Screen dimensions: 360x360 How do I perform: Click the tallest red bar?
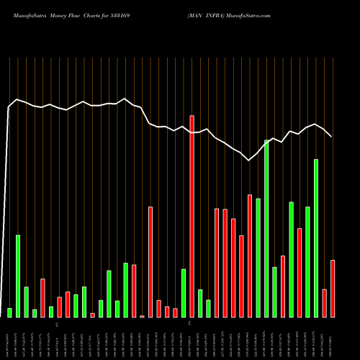[192, 216]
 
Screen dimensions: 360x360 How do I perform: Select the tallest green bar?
[266, 228]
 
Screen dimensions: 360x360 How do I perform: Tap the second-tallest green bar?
[316, 238]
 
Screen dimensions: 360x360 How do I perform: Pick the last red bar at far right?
[333, 288]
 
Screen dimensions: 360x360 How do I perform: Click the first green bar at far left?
[9, 312]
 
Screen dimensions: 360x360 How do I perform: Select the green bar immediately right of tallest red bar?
[200, 303]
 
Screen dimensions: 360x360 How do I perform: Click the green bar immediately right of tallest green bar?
[274, 292]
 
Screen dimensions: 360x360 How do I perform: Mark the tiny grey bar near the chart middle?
[142, 316]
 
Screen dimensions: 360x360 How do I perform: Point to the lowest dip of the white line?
[249, 160]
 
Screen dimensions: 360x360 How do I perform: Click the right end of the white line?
[331, 136]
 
